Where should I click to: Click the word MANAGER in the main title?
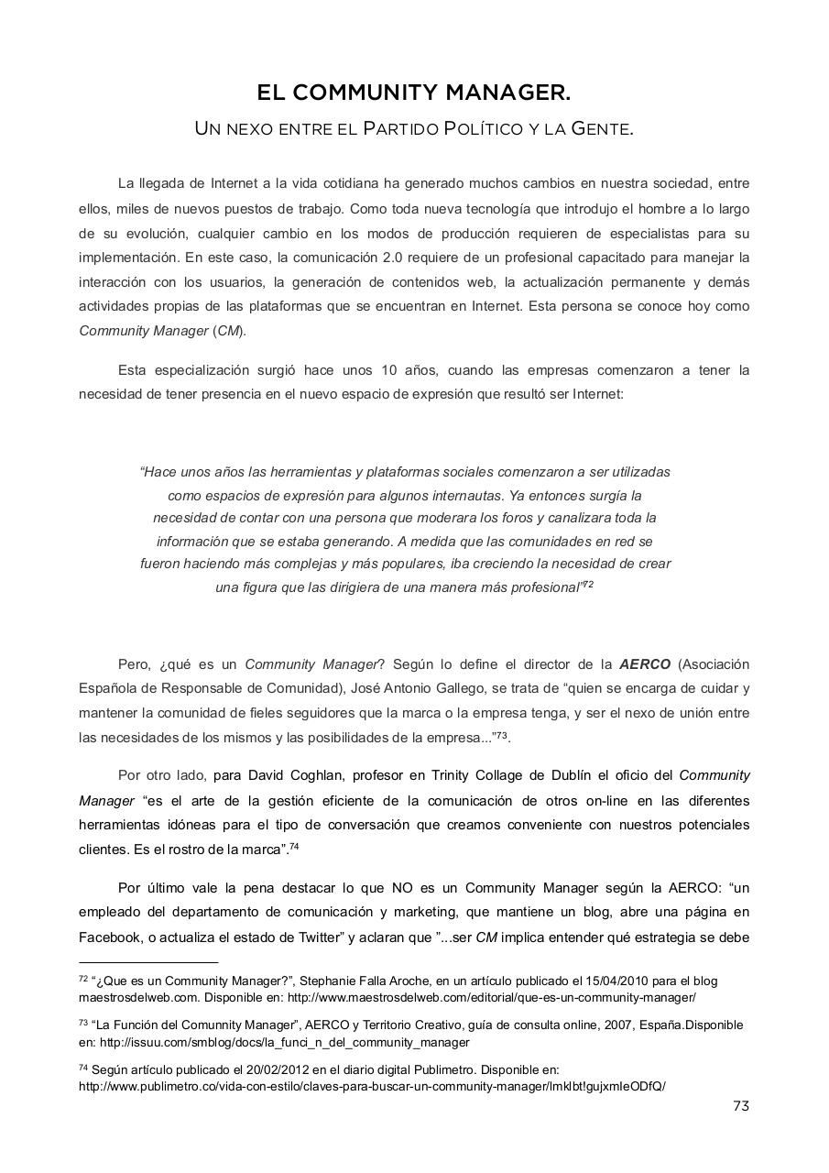pyautogui.click(x=507, y=93)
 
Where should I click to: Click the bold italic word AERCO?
pyautogui.click(x=645, y=663)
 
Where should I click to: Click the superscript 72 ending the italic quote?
pyautogui.click(x=588, y=584)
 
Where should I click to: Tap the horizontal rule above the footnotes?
pyautogui.click(x=148, y=963)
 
